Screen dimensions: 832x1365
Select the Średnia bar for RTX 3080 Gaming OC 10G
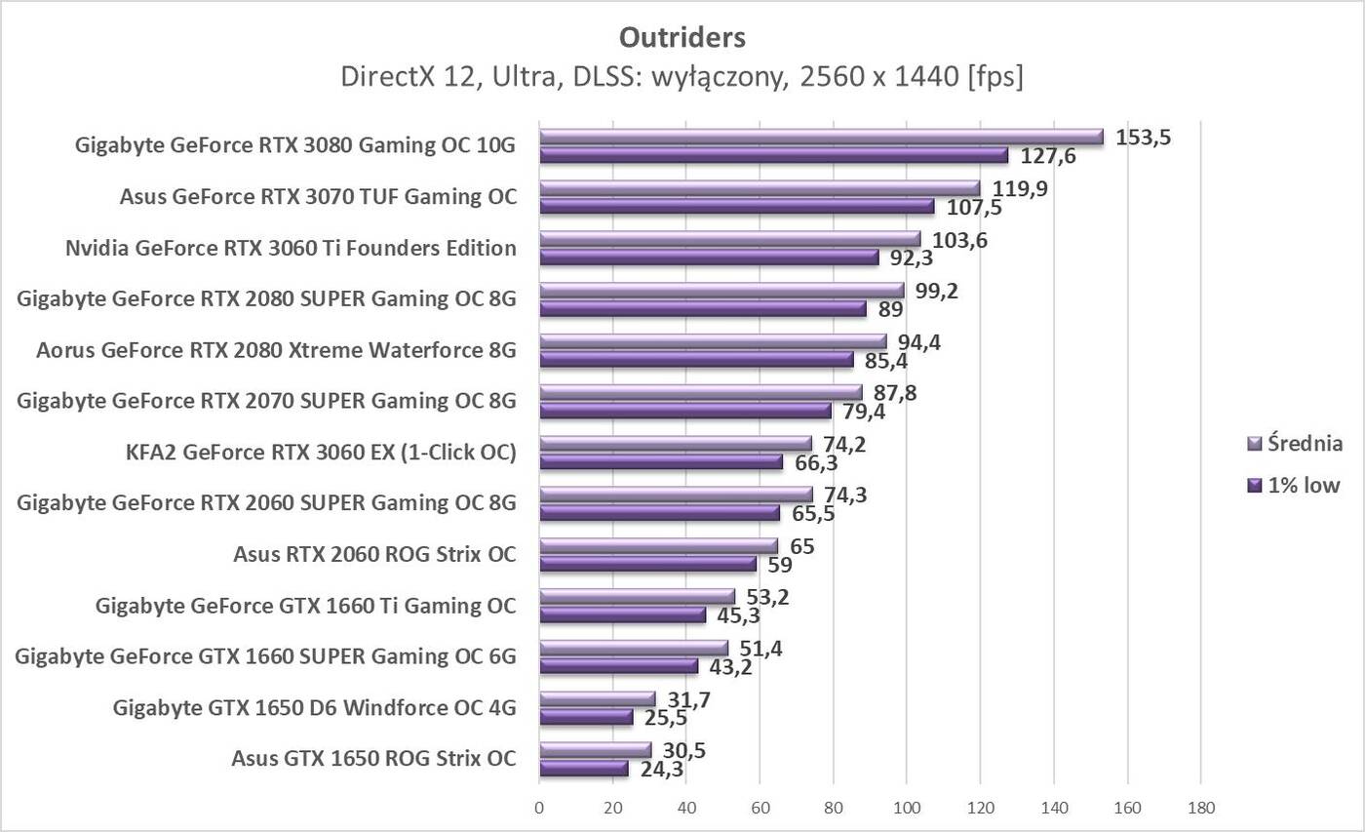[x=821, y=137]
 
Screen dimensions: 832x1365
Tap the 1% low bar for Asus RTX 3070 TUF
[x=736, y=207]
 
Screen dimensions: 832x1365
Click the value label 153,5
[x=1143, y=138]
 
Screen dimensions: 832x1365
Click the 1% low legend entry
[x=1303, y=485]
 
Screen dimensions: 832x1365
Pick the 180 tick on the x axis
[x=1200, y=808]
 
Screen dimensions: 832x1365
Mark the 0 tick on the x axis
[x=539, y=808]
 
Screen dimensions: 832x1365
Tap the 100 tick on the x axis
[x=907, y=808]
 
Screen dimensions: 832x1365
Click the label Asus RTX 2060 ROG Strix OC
[x=374, y=554]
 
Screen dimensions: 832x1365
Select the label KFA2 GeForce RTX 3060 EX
[x=321, y=453]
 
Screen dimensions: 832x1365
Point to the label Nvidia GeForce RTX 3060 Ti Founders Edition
[x=291, y=248]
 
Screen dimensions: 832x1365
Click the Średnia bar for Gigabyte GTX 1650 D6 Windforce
[x=597, y=698]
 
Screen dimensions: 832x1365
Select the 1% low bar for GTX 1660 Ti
[x=622, y=614]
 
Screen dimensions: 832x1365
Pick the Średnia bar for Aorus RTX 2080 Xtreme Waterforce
[x=713, y=341]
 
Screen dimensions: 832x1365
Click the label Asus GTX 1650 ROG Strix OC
[x=373, y=758]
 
